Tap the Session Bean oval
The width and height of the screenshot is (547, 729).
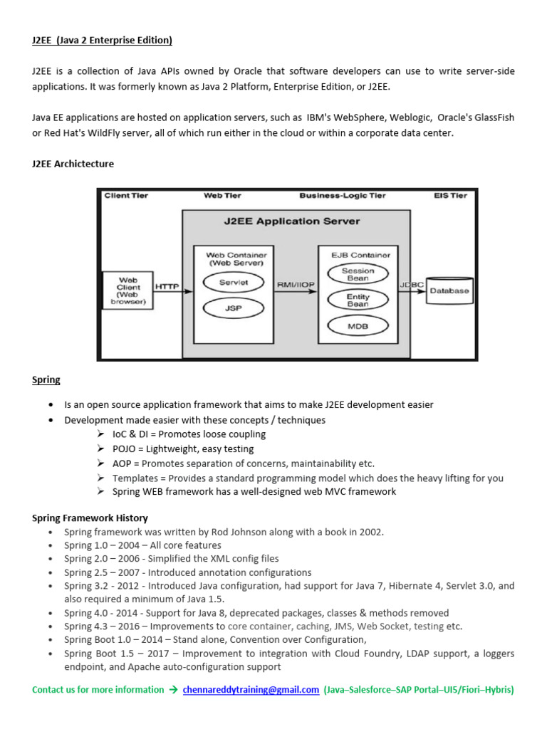[358, 274]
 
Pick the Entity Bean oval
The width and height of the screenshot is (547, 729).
[358, 300]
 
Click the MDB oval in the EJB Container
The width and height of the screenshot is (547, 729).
[358, 326]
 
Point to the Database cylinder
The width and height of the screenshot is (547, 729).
[449, 290]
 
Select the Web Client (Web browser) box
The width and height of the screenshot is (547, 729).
[127, 290]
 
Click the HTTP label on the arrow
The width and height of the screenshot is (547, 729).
[167, 286]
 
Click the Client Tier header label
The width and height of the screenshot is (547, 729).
[127, 195]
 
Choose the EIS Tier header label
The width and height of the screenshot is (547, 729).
[450, 195]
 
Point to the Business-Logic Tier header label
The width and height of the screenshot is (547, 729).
[343, 195]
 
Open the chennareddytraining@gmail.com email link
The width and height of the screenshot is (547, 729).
[251, 689]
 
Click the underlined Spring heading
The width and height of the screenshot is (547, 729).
[46, 379]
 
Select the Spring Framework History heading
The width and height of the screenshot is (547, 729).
[90, 518]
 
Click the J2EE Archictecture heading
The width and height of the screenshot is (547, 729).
[73, 164]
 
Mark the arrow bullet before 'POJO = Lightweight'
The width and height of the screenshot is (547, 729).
[100, 449]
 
